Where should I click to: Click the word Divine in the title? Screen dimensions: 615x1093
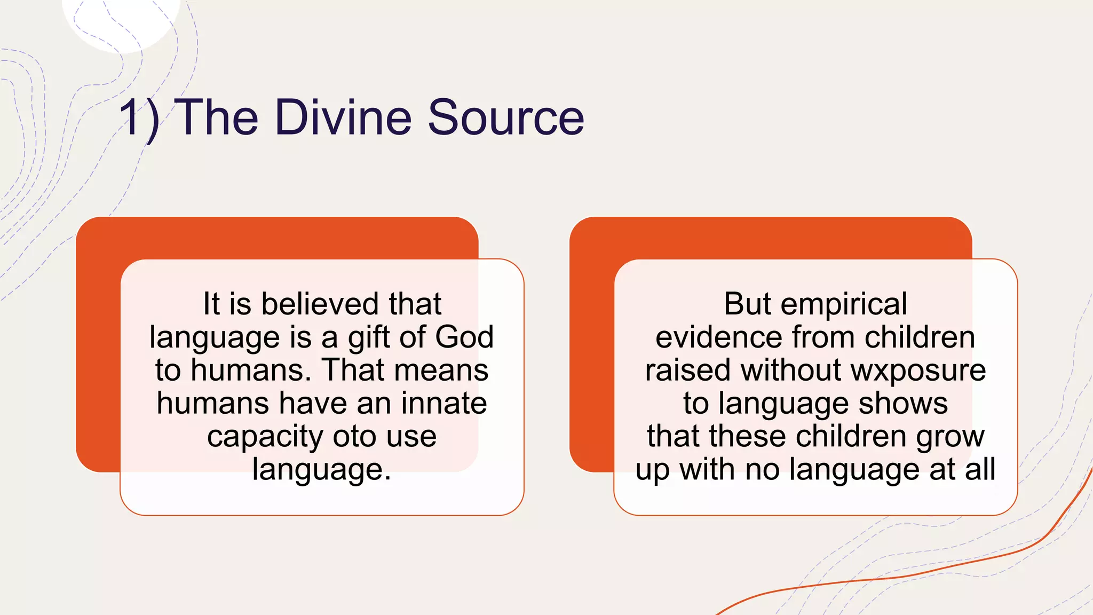pos(344,117)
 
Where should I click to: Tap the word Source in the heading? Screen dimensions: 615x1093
pos(505,117)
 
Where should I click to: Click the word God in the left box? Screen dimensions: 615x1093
pos(464,337)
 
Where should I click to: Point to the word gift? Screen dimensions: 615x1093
pos(370,338)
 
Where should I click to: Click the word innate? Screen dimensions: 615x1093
pos(444,403)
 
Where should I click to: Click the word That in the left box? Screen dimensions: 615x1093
pos(353,370)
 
